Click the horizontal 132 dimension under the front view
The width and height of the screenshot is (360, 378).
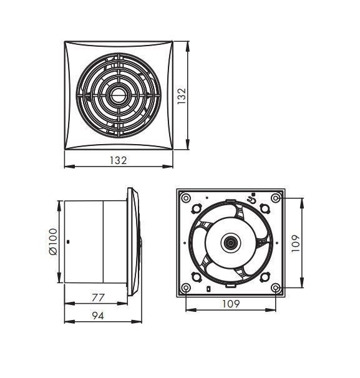point(118,160)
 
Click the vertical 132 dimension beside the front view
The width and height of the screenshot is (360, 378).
point(182,96)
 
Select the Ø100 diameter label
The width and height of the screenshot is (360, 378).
point(53,241)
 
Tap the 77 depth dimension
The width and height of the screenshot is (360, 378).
point(98,298)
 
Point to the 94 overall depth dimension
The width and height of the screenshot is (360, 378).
point(98,316)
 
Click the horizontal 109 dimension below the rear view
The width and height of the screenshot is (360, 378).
point(231,304)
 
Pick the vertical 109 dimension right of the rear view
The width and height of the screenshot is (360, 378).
point(296,243)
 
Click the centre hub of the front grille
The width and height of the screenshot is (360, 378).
point(118,95)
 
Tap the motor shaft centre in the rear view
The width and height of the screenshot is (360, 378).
point(231,243)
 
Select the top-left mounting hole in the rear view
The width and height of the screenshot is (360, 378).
point(186,198)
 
